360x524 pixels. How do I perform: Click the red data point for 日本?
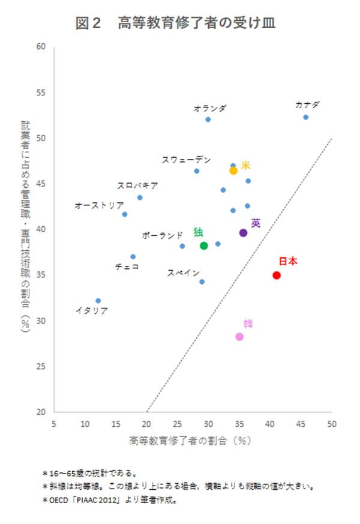277,275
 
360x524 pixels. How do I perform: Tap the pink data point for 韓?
239,337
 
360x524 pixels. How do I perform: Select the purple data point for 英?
243,233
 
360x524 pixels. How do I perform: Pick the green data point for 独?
204,245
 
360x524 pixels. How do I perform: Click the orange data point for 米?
233,170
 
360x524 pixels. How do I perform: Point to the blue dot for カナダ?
305,117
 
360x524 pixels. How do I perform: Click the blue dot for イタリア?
98,301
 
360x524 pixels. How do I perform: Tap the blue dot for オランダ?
208,119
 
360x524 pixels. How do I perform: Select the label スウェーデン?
187,160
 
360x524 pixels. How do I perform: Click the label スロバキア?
138,185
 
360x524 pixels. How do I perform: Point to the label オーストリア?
99,205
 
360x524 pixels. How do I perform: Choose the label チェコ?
127,266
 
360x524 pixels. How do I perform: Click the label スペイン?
183,273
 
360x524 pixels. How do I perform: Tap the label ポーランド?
162,235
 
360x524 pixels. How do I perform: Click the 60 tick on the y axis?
42,47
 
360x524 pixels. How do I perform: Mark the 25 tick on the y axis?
42,366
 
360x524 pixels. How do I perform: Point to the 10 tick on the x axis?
85,423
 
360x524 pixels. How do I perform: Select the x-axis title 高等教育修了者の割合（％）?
189,441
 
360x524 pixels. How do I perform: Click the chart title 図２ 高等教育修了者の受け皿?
176,23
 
